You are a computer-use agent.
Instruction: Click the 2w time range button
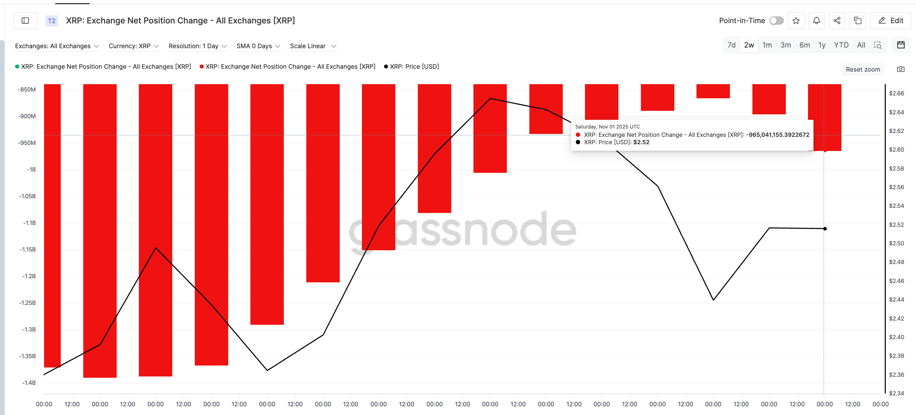coord(749,45)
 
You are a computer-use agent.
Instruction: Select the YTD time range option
coord(841,45)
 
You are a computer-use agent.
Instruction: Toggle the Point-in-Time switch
coord(776,21)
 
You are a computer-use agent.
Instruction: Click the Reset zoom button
coord(863,69)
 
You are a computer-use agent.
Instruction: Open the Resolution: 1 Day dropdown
coord(197,46)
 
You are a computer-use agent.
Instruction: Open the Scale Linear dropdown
coord(312,46)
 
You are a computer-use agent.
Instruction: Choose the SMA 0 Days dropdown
coord(258,46)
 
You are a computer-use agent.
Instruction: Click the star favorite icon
coord(796,21)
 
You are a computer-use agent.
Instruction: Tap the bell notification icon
coord(816,21)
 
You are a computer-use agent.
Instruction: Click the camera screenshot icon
coord(900,69)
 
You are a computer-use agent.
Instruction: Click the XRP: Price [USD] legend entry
coord(414,66)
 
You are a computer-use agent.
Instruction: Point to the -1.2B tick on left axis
coord(29,276)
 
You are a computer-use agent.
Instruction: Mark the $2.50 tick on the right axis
coord(896,243)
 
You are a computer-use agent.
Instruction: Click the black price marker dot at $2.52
coord(825,229)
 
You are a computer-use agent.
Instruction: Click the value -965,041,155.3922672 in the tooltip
coord(777,135)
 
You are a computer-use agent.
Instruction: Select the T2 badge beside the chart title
coord(51,21)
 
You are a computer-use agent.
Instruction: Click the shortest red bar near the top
coord(713,91)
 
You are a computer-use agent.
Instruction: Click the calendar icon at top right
coord(900,45)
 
